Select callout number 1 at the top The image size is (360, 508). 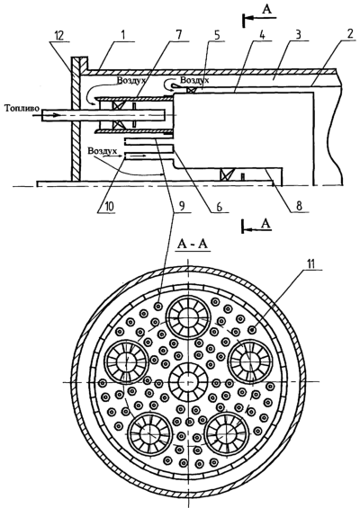[x=123, y=35]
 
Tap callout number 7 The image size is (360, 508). [x=179, y=35]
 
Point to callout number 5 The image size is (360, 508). [x=220, y=35]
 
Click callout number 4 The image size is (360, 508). [x=262, y=35]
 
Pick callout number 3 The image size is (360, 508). [x=299, y=35]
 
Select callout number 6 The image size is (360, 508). [x=220, y=207]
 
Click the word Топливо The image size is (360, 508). [x=19, y=108]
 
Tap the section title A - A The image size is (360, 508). [x=193, y=245]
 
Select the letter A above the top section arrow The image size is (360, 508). [x=267, y=10]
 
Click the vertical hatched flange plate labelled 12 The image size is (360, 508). [x=76, y=120]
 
